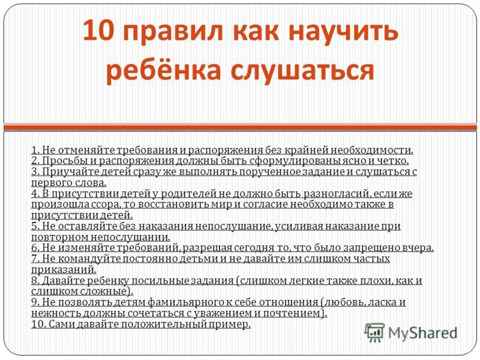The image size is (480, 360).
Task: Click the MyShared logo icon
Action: (374, 332)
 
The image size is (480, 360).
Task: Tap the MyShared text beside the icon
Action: (423, 334)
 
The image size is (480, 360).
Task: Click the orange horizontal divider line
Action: (240, 126)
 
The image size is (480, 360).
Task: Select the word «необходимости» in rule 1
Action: (372, 151)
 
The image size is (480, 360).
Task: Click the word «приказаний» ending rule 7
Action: (64, 269)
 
